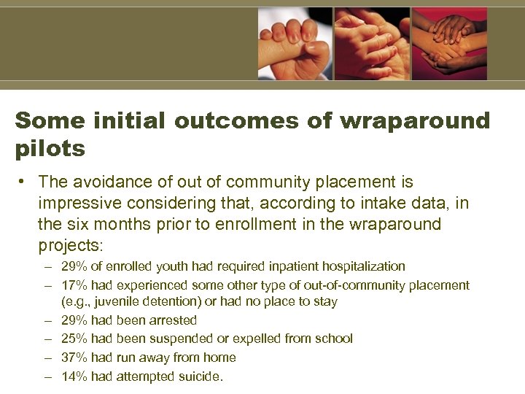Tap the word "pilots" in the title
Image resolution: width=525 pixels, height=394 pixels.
50,150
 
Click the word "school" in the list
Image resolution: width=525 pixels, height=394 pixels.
334,339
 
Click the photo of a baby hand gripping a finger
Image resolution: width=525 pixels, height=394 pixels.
295,43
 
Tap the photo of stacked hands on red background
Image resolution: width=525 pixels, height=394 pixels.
449,43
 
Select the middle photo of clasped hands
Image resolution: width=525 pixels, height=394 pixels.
372,43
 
